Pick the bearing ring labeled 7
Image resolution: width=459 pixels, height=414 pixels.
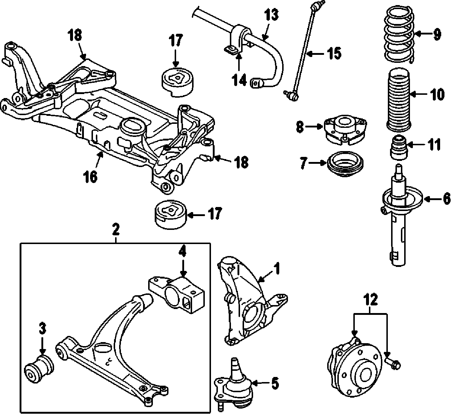click(346, 165)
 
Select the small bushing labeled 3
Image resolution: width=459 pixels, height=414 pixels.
click(39, 369)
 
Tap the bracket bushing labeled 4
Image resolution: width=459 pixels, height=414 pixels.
click(177, 294)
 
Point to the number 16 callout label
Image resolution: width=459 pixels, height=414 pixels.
click(91, 177)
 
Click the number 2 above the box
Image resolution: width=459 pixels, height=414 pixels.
click(115, 229)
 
